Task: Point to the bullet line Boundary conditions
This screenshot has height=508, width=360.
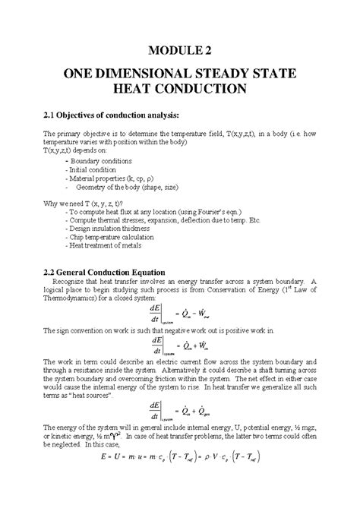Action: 99,161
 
